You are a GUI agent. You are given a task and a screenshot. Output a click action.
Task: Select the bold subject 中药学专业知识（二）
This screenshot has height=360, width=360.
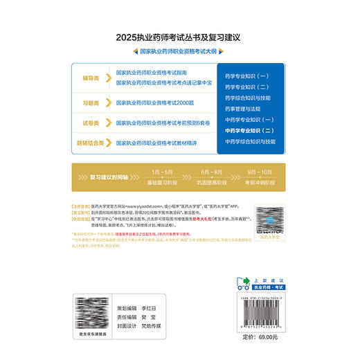point(250,130)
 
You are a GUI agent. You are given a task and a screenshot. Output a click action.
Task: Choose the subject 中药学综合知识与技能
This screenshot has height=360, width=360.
point(250,141)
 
